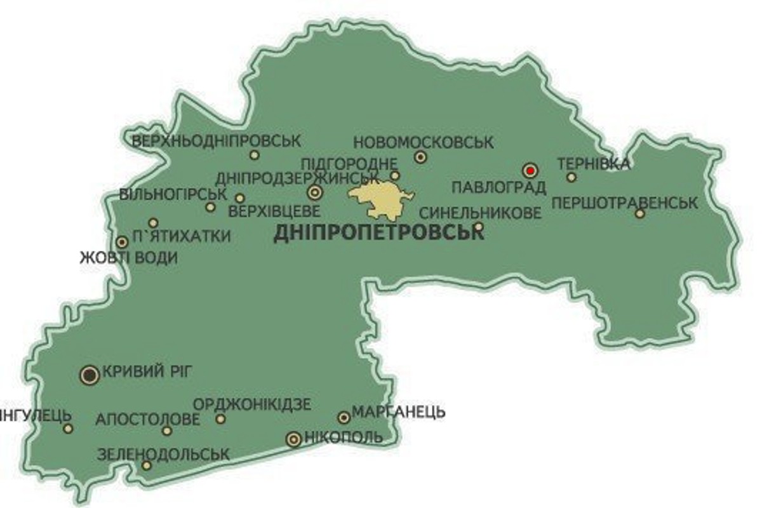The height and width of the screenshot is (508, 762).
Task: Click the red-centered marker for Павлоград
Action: click(530, 170)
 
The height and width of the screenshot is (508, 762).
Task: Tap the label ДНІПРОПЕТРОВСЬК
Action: click(378, 233)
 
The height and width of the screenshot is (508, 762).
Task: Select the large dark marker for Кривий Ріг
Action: click(90, 375)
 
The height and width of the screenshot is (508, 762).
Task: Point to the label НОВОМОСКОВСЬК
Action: click(423, 142)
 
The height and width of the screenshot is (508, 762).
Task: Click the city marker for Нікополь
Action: click(293, 439)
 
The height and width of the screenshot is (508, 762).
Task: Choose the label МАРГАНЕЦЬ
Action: click(398, 412)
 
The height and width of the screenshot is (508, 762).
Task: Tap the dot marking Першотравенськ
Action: click(640, 213)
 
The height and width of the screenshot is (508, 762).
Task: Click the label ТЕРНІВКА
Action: click(594, 164)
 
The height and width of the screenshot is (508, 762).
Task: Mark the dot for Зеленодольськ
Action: click(147, 465)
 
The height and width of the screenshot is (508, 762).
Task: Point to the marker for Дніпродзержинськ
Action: click(314, 192)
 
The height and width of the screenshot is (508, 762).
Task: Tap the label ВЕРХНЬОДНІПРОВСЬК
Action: click(217, 140)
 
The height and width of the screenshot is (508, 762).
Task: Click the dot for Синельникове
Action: click(479, 226)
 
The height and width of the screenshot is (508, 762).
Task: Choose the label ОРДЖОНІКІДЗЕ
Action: click(252, 404)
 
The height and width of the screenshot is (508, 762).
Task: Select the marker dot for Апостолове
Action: click(167, 431)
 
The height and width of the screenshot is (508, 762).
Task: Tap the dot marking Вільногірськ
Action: click(210, 207)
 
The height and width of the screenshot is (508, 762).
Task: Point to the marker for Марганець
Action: click(344, 417)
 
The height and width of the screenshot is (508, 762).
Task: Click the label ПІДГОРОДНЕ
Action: click(349, 164)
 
